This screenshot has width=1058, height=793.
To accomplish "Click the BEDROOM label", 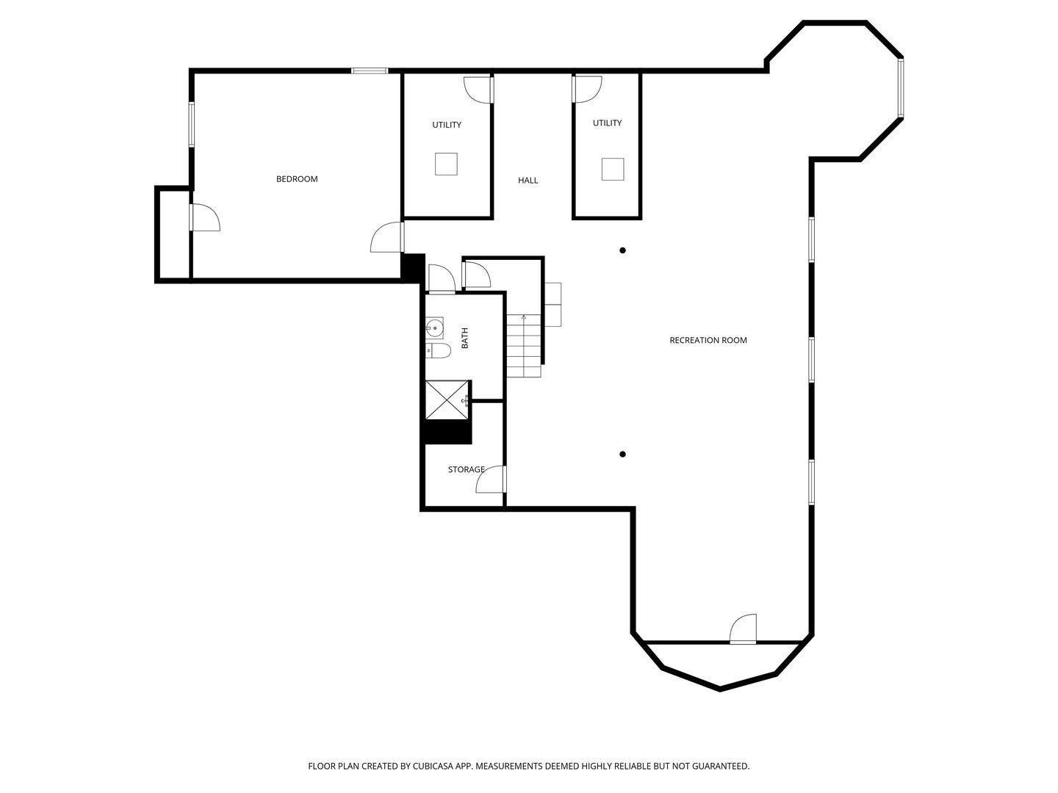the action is [296, 179].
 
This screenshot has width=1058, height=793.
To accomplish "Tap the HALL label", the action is [528, 181].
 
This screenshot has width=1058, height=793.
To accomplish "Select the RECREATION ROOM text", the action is [708, 341].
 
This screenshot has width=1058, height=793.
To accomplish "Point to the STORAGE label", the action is [466, 469].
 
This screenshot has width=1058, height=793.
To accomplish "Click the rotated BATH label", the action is [465, 338].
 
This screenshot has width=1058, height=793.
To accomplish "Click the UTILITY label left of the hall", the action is [447, 125].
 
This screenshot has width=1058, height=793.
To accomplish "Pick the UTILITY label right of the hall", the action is [608, 123].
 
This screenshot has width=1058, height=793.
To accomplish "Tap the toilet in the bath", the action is [438, 350].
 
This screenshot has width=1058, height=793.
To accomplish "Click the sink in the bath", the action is [434, 328].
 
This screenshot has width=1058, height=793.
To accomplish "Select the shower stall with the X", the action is [447, 399].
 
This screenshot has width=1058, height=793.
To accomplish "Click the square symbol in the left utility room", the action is [446, 164].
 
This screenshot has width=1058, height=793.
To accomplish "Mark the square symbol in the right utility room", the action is [613, 169].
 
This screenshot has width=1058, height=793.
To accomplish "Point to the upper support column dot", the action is [623, 250].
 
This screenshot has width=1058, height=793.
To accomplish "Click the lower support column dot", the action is [623, 454].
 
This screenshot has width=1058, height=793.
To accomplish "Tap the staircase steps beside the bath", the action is [524, 346].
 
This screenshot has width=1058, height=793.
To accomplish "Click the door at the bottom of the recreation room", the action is [743, 629].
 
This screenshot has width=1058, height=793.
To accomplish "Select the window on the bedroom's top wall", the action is [370, 70].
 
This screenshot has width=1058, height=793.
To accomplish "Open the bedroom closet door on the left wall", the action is [205, 217].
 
